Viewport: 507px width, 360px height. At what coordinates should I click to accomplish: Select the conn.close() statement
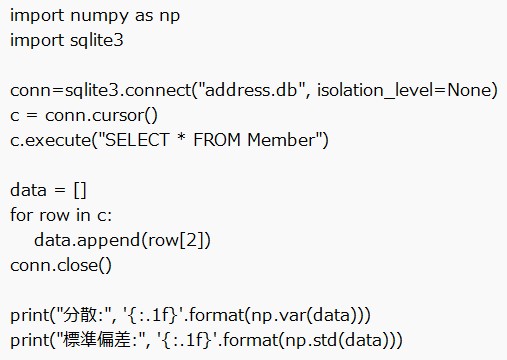tap(61, 265)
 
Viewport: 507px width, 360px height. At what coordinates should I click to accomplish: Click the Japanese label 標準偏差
tap(89, 339)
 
